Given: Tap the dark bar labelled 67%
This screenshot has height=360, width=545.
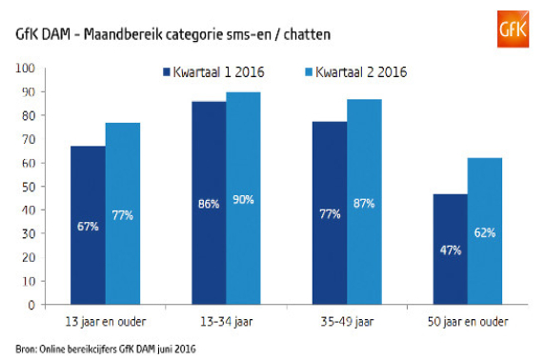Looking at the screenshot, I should tap(88, 226).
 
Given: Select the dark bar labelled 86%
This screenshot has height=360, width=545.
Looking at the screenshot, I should tap(210, 203).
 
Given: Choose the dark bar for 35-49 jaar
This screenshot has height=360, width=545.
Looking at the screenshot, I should tap(331, 213).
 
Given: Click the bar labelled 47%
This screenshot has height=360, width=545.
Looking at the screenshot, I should tap(452, 250).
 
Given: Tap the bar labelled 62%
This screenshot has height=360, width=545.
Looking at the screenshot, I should tap(486, 231).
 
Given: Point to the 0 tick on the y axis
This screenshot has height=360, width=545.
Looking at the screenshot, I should tap(30, 305).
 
